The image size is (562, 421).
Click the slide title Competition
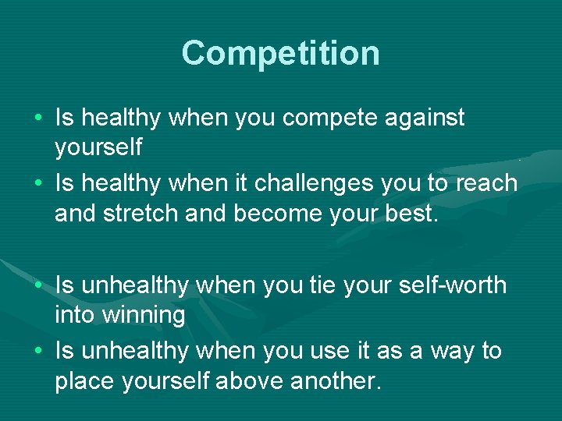point(281,54)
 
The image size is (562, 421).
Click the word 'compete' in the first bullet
point(329,119)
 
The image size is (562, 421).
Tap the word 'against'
point(425,119)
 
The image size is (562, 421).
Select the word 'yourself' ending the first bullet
point(98,147)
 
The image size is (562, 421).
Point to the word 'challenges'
point(314,183)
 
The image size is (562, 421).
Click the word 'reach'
point(487,183)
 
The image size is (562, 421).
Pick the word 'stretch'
point(140,213)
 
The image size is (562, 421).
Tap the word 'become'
point(278,213)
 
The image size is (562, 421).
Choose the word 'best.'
point(411,213)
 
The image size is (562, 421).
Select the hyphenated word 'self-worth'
point(453,285)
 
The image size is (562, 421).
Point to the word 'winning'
point(144,316)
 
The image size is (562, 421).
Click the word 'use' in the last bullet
point(329,351)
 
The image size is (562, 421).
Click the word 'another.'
point(336,380)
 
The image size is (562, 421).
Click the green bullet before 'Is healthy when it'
point(38,183)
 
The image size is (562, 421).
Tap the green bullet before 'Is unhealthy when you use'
point(38,350)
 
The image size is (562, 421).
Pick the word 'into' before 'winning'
point(74,315)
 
